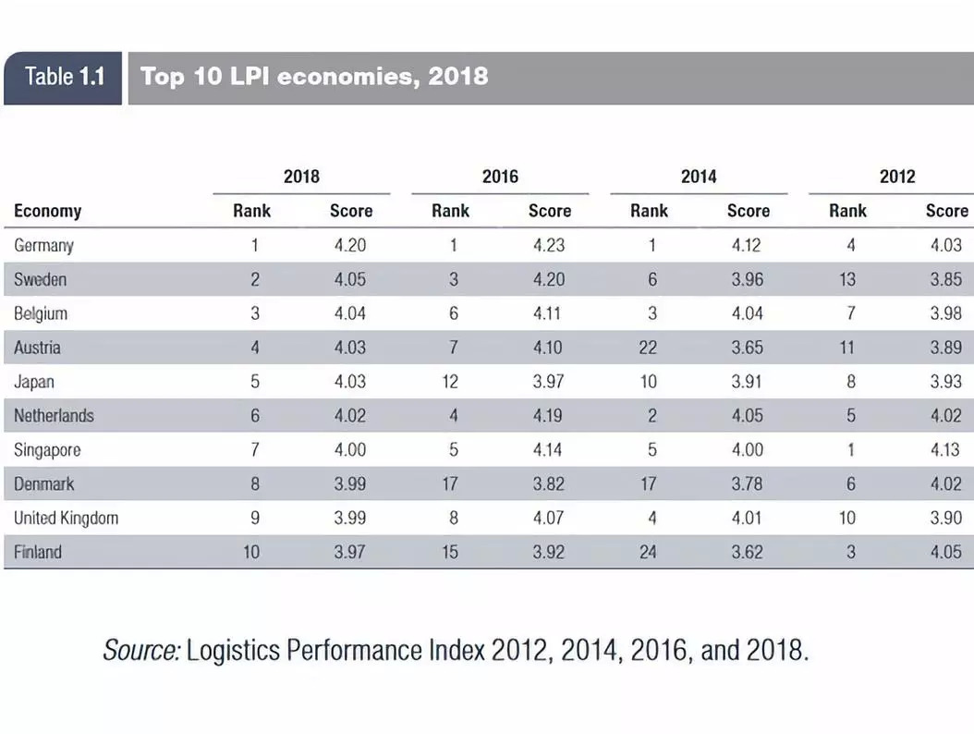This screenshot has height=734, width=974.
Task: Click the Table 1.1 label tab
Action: tap(63, 77)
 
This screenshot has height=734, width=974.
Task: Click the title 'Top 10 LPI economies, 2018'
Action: tap(314, 76)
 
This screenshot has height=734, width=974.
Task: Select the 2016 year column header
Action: tap(500, 176)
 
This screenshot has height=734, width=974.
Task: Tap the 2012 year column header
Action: tap(897, 176)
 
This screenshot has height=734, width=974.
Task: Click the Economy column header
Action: tap(48, 211)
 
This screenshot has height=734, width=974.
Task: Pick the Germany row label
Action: tap(43, 246)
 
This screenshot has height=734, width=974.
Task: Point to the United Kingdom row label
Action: tap(66, 518)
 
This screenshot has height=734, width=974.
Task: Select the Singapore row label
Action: tap(47, 450)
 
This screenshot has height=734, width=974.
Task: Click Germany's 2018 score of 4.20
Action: tap(350, 246)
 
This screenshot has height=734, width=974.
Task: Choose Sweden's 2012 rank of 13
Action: tap(847, 279)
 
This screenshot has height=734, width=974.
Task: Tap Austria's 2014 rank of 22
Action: tap(649, 348)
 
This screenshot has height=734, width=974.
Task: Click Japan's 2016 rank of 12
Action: tap(450, 382)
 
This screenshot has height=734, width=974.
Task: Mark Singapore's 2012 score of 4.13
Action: tap(945, 450)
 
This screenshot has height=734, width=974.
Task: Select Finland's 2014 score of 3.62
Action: tap(748, 552)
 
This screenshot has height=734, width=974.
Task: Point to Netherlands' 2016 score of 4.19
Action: tap(548, 416)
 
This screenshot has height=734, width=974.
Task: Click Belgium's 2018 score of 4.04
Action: tap(350, 313)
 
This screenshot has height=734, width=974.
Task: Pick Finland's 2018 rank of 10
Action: tap(251, 552)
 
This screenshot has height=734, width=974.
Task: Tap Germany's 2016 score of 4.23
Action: tap(548, 246)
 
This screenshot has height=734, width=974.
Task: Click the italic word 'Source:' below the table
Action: tap(140, 651)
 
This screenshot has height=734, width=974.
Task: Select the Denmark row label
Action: tap(44, 483)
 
